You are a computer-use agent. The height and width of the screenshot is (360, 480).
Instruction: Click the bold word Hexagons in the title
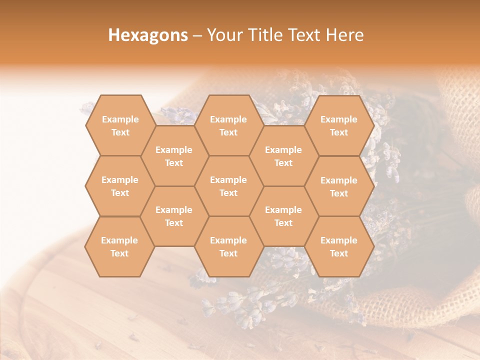148,35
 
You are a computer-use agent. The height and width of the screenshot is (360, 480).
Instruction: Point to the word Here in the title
344,35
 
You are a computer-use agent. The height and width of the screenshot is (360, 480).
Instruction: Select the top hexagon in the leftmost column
120,125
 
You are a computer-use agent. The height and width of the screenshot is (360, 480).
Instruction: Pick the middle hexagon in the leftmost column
120,186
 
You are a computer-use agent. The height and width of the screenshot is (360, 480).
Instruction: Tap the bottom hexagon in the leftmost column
119,246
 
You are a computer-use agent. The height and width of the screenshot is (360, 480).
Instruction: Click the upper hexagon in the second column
174,156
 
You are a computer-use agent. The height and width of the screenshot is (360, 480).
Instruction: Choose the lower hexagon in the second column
174,216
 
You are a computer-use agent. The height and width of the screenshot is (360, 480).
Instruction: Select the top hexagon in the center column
228,125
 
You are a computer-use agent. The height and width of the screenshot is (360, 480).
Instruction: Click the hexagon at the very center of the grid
228,186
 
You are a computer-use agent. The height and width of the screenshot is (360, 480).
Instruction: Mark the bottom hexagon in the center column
228,246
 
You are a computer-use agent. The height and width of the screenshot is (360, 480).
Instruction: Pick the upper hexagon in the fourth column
283,156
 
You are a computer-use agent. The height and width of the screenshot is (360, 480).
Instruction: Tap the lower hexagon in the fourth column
283,216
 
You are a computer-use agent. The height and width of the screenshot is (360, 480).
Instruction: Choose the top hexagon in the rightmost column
339,125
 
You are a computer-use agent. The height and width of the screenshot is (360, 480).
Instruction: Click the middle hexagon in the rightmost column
339,186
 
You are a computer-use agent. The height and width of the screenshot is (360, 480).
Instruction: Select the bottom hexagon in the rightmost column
339,246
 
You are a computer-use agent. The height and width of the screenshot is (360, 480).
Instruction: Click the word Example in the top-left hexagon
120,119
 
